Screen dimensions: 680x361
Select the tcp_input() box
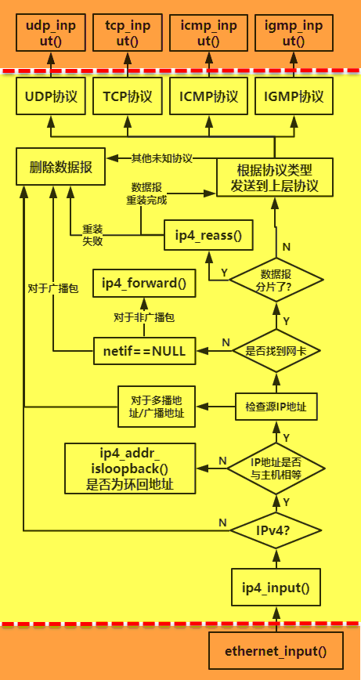128,34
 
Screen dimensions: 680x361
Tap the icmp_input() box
208,34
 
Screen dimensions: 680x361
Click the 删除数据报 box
60,167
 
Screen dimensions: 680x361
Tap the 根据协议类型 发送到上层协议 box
275,178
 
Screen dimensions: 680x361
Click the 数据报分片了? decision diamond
276,279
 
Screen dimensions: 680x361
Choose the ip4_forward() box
144,284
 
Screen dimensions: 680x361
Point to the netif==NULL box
144,351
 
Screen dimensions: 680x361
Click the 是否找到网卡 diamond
276,351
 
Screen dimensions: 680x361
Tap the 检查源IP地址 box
275,406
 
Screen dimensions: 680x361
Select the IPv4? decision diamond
276,531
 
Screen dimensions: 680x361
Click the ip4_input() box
275,588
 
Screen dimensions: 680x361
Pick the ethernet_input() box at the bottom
275,650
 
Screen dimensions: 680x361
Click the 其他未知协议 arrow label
161,157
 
